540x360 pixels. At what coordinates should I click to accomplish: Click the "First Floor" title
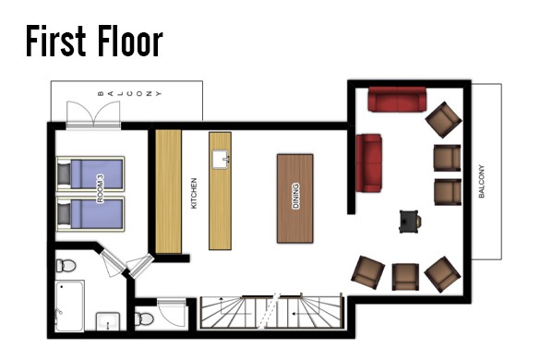coord(94,41)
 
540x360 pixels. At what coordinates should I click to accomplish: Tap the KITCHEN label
coord(194,193)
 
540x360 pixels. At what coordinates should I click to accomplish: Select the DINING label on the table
coord(295,196)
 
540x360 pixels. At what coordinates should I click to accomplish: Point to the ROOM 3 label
coord(100,188)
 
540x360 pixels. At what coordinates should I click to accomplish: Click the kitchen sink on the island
coord(221,159)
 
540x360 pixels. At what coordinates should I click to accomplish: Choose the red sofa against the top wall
coord(397,99)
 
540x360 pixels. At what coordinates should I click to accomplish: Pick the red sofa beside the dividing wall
coord(369,162)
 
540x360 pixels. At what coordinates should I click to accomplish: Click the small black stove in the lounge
coord(410,222)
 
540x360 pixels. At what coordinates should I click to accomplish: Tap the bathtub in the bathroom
coord(70,306)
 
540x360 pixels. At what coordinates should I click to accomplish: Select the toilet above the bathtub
coord(66,266)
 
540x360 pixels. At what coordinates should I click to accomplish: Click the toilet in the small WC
coord(144,318)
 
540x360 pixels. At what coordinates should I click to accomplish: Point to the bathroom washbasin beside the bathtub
coord(108,321)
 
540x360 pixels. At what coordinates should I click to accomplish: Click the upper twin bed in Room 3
coord(90,174)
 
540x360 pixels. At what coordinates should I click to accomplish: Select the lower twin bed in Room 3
coord(90,213)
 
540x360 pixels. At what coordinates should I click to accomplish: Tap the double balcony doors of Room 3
coord(93,114)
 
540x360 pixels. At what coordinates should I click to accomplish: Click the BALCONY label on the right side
coord(482,181)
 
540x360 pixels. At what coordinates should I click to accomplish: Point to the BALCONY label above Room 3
coord(129,93)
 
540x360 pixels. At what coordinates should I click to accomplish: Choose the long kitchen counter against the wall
coord(168,192)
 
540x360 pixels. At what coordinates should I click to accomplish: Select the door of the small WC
coord(172,313)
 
